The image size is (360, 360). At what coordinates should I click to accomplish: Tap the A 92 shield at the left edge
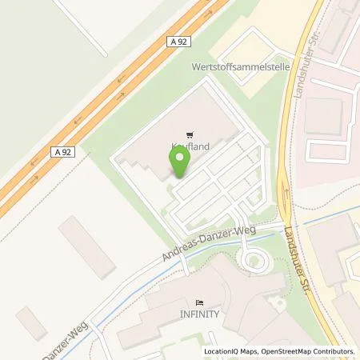[x=63, y=151]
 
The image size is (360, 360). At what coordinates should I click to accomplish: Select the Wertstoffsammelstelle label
[x=238, y=68]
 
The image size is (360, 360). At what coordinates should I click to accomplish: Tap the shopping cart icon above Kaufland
[x=189, y=134]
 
